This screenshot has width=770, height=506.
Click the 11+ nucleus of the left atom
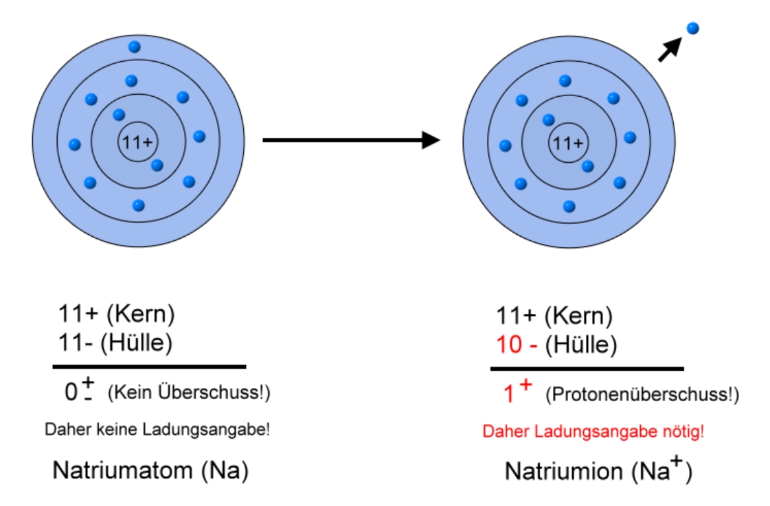click(138, 142)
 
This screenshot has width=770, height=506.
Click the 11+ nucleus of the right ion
click(568, 143)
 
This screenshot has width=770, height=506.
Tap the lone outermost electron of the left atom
click(135, 47)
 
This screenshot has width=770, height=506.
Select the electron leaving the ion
click(692, 28)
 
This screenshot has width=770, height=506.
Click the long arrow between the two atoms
click(350, 140)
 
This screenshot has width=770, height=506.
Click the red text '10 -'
click(517, 345)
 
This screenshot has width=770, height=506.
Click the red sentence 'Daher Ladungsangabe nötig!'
click(593, 433)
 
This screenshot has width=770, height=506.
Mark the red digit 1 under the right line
click(509, 395)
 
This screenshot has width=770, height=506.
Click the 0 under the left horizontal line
click(71, 393)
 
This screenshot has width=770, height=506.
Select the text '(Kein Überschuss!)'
click(189, 393)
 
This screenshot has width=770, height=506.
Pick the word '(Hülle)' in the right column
click(581, 345)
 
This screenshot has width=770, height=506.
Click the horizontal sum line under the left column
click(149, 367)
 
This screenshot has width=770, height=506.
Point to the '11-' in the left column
click(75, 343)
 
